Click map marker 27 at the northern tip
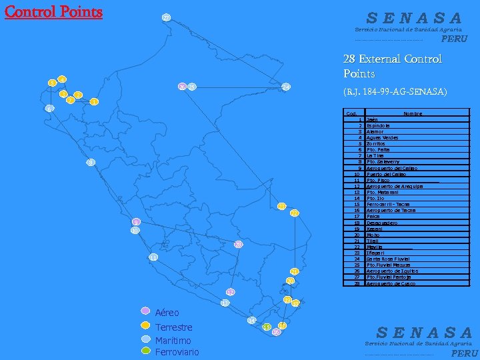(x=167, y=18)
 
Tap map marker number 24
(x=286, y=87)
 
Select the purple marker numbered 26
(x=182, y=87)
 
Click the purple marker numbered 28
(x=238, y=245)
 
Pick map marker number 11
(x=154, y=257)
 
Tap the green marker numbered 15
(x=267, y=327)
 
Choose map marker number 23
(x=283, y=206)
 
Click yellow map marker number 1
(x=95, y=102)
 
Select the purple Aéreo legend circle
(x=145, y=311)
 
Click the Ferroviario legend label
(x=177, y=351)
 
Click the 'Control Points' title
(x=54, y=13)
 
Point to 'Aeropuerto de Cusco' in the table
(x=391, y=284)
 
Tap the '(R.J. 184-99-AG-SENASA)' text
(x=395, y=91)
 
